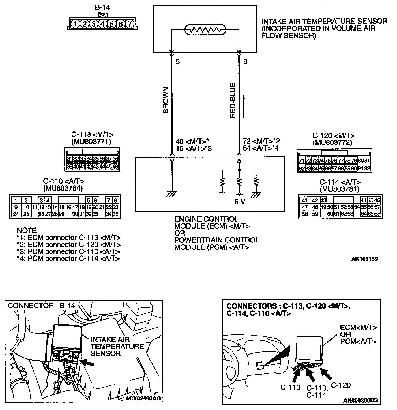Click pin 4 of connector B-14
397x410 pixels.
(102, 24)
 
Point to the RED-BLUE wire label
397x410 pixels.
(233, 101)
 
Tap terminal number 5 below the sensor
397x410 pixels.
(178, 62)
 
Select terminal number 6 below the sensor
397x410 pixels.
(245, 62)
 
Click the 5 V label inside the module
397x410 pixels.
(239, 202)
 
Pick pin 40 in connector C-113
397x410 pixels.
(76, 167)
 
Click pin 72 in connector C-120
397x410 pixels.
(308, 161)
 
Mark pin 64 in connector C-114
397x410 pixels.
(364, 214)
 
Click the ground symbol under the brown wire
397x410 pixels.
(172, 194)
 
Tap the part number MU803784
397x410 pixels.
(63, 188)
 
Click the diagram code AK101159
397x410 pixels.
(364, 259)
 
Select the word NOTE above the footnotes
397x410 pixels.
(27, 230)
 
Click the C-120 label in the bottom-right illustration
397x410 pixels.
(340, 385)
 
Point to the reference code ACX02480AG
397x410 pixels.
(143, 399)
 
